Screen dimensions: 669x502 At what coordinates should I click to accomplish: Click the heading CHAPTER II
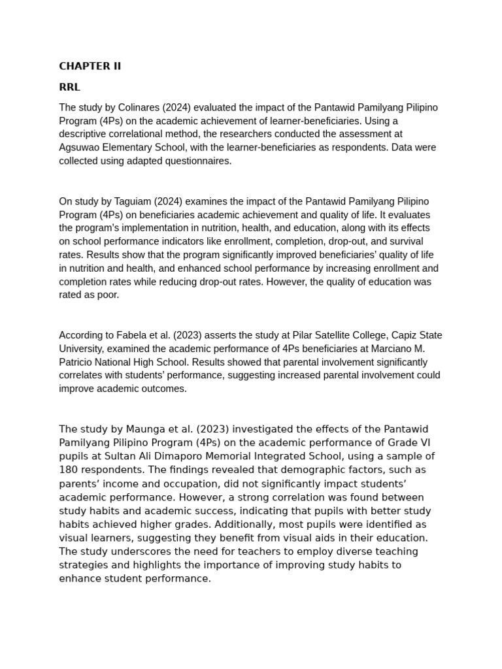coord(90,66)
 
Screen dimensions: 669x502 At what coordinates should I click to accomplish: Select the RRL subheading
coord(69,87)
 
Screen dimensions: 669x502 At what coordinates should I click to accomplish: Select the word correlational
coord(137,134)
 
